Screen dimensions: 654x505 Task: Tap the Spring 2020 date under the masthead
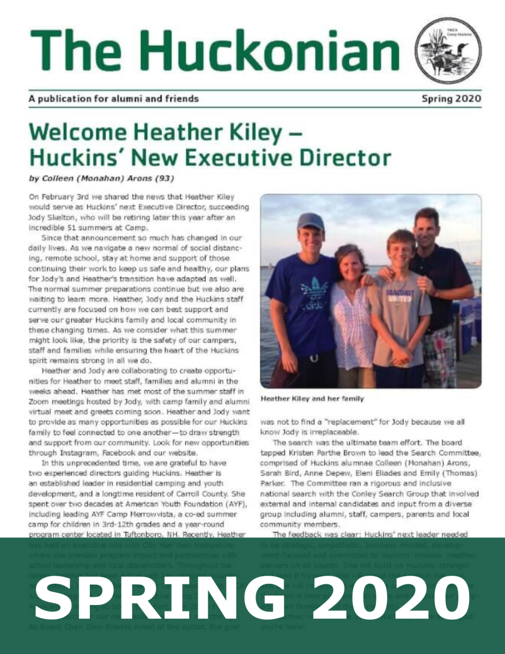click(x=452, y=99)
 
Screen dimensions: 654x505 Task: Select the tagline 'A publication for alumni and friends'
click(x=113, y=99)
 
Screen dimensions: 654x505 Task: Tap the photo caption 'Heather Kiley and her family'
click(x=312, y=399)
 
